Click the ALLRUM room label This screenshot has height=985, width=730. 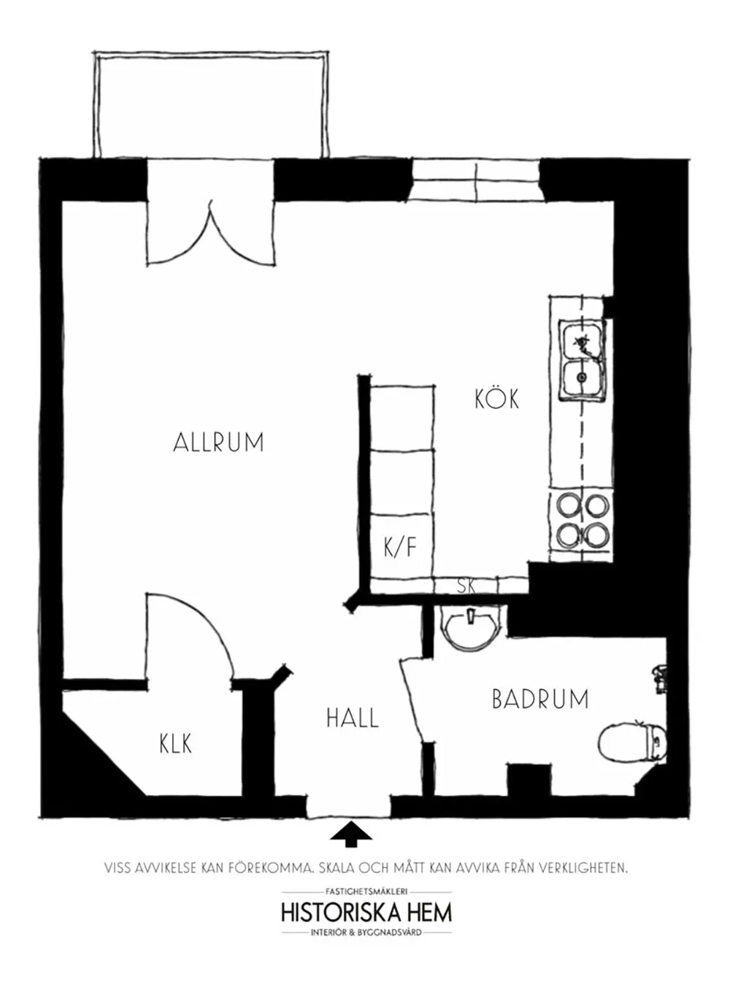pos(218,442)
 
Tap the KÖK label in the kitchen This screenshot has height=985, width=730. pos(496,399)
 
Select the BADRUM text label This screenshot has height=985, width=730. pos(539,699)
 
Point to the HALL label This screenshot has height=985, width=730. pos(352,718)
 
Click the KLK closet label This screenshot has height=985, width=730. pos(175,743)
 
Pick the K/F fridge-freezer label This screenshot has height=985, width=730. pos(399,546)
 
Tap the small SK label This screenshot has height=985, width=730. pos(466,586)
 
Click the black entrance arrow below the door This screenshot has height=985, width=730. pos(351,834)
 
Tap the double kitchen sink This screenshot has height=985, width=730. pos(582,361)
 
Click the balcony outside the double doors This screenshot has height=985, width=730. pos(209,106)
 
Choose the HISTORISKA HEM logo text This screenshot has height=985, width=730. pos(366,912)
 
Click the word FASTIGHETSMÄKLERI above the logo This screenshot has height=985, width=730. pos(366,892)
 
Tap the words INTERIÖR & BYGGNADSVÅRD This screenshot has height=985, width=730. pos(366,932)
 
